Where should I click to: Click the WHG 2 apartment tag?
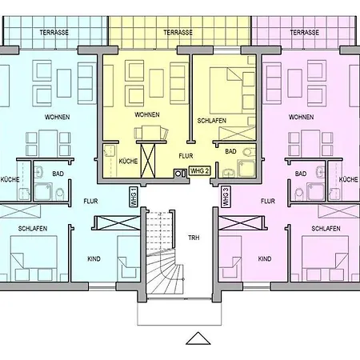200,170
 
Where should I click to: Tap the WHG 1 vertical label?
134,197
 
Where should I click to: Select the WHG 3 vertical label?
226,197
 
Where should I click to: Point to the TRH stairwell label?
194,238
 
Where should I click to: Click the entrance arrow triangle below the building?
198,338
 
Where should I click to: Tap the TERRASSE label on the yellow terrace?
178,33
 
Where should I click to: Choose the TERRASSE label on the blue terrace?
54,33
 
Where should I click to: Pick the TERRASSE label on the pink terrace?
305,33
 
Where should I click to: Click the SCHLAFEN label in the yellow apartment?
212,121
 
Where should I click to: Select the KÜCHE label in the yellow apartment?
128,161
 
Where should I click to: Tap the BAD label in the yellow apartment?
230,151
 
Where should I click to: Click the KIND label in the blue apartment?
94,259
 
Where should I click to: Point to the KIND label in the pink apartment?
265,259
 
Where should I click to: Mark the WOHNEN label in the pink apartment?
301,117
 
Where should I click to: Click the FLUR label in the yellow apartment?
186,156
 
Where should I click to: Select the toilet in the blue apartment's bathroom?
60,194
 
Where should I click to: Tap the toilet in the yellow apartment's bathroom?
249,152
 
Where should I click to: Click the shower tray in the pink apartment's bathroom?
316,191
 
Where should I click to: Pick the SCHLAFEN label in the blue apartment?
33,229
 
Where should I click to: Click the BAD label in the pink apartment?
301,174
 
